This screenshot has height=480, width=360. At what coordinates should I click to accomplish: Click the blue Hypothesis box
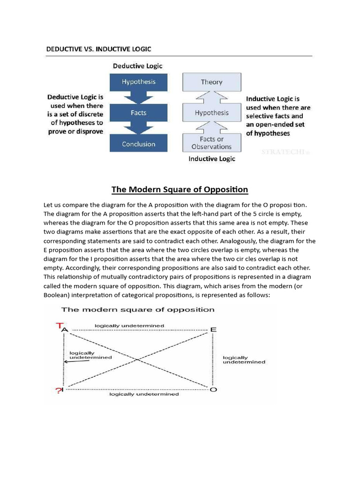[x=139, y=82]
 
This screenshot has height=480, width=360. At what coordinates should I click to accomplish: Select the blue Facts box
[x=139, y=112]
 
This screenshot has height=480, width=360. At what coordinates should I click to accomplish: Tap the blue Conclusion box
[x=139, y=144]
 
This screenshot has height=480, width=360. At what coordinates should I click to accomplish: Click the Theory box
[x=211, y=82]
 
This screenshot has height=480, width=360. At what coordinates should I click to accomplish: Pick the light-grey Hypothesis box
[x=211, y=112]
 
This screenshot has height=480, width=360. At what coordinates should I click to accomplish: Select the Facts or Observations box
[x=211, y=142]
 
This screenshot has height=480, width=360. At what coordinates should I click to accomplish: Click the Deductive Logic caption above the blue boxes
[x=137, y=66]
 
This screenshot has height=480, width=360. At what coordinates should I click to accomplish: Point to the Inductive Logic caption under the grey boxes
[x=212, y=159]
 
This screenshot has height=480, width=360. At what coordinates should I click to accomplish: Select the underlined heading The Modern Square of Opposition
[x=180, y=190]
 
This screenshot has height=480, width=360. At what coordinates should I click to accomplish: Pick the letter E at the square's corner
[x=213, y=330]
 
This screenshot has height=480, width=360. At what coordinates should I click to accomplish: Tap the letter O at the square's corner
[x=213, y=390]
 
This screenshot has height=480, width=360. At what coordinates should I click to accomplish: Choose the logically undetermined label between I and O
[x=144, y=394]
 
